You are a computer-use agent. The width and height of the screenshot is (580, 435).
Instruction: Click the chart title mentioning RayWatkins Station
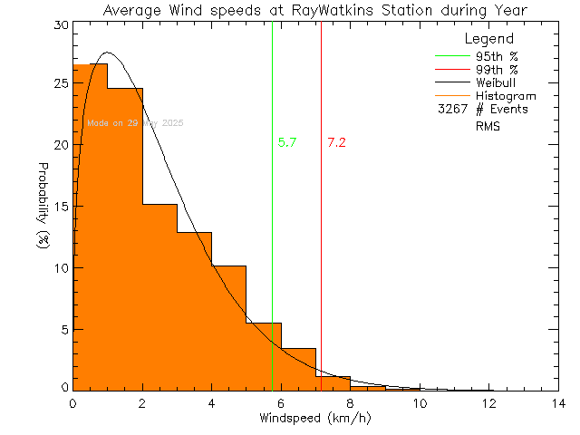tap(315, 10)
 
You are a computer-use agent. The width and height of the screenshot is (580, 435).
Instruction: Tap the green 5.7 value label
tap(287, 142)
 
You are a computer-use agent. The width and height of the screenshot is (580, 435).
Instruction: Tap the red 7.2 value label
tap(336, 142)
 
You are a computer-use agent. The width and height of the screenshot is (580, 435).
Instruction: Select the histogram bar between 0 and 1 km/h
tap(90, 227)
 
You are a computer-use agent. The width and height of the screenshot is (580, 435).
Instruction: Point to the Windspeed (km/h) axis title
tap(315, 419)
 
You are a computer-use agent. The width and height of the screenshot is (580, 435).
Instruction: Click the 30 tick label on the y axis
tap(59, 25)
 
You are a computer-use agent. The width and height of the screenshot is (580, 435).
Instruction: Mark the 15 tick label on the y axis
tap(59, 206)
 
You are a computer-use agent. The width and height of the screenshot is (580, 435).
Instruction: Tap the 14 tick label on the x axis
tap(556, 403)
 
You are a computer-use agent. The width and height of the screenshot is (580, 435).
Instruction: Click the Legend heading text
tap(488, 39)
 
